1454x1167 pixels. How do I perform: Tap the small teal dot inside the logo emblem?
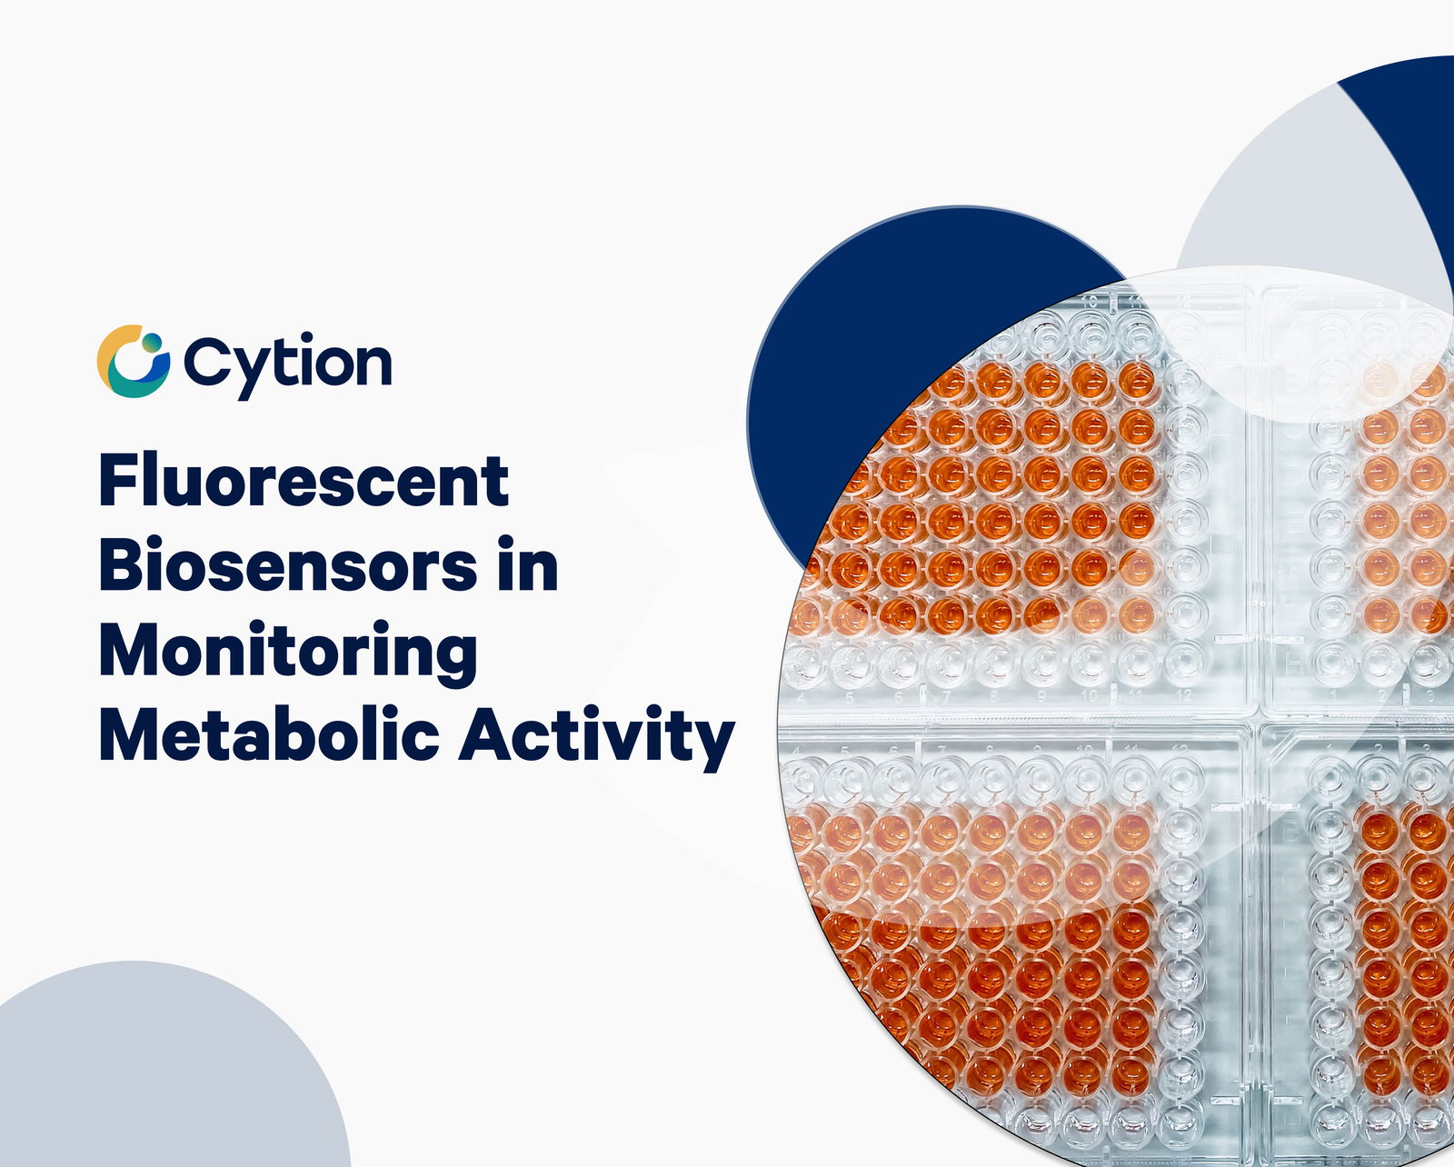(152, 342)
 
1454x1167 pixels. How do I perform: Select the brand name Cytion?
(287, 364)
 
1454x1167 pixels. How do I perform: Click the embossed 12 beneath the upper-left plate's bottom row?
(1182, 695)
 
